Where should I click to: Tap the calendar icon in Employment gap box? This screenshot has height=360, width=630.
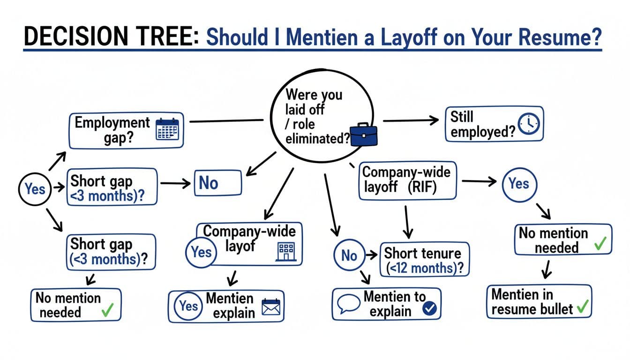(167, 127)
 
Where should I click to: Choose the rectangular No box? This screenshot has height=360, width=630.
(217, 182)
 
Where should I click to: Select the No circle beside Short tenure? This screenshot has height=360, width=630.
(349, 255)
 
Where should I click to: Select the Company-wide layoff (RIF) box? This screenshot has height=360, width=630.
(407, 181)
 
